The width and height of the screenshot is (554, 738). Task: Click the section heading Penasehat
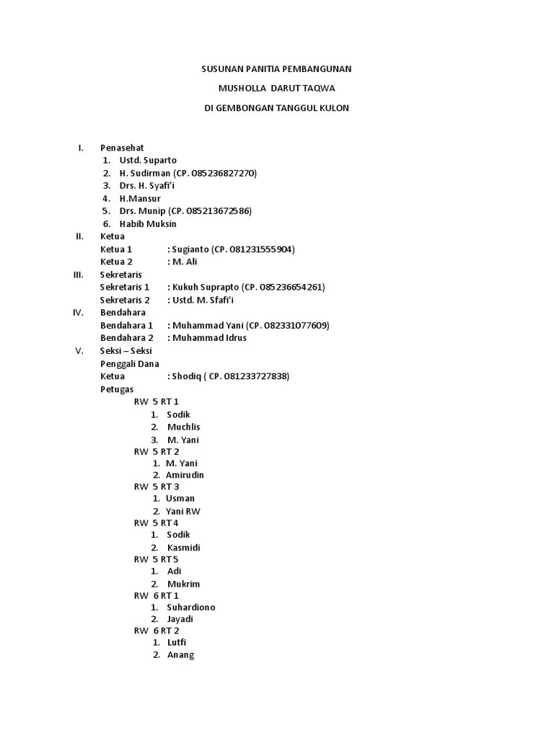(122, 148)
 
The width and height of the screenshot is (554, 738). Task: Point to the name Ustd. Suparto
(148, 160)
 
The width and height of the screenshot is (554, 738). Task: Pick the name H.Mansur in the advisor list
(140, 198)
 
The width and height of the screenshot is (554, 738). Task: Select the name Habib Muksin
(148, 224)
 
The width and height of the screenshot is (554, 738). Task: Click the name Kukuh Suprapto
(205, 287)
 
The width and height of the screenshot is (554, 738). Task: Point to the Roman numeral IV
(79, 312)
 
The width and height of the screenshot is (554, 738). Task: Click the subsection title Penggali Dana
(130, 363)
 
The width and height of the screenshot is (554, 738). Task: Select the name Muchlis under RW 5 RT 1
(183, 427)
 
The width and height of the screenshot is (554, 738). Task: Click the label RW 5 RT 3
(157, 486)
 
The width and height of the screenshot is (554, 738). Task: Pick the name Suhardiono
(190, 607)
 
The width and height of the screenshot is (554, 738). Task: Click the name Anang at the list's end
(180, 655)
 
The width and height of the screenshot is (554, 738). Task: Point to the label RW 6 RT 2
(157, 631)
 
